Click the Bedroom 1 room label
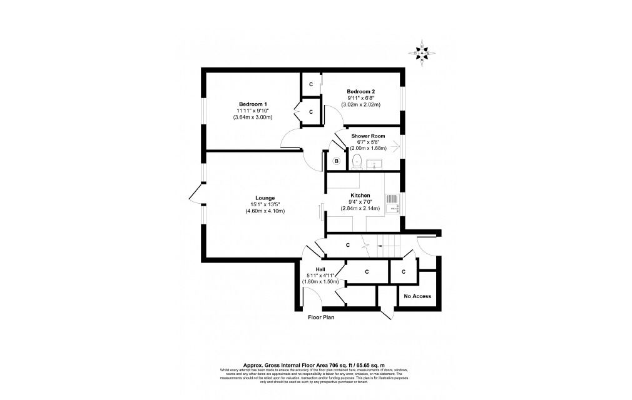[x=253, y=104]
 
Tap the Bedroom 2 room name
[x=362, y=91]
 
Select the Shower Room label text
[x=368, y=136]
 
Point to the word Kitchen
[x=360, y=195]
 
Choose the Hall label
[x=319, y=269]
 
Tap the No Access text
[x=417, y=296]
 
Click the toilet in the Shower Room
[x=355, y=162]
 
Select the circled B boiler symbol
[x=336, y=161]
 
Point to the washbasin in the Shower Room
[x=376, y=164]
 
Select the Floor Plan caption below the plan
[x=321, y=317]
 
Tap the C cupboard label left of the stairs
[x=347, y=245]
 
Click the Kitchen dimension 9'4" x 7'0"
[x=360, y=201]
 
